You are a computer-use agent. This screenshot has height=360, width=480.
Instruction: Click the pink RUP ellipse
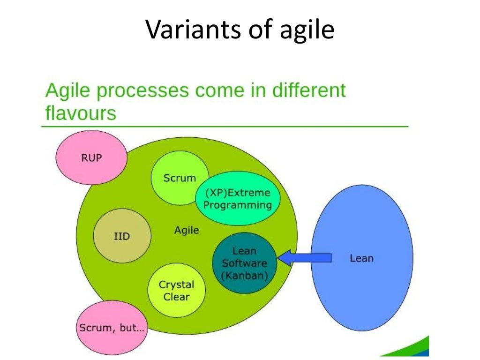pos(91,157)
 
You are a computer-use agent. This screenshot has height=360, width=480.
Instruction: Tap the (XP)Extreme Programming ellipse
pos(238,199)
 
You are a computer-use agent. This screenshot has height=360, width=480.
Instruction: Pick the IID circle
pos(122,236)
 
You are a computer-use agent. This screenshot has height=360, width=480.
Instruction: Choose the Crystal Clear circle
pos(177,290)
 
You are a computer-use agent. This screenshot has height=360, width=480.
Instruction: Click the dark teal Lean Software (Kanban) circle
pos(244,263)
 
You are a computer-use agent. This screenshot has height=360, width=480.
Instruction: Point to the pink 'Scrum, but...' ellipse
pos(112,328)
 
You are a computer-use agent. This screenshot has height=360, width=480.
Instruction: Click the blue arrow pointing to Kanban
pos(305,257)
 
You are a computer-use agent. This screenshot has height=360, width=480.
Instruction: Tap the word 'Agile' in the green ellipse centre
pos(187,230)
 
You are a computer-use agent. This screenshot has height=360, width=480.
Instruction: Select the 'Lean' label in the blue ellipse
pos(361,258)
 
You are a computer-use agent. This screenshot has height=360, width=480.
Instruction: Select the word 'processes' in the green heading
pos(142,91)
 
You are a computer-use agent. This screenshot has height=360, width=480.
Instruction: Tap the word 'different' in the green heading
pos(309,90)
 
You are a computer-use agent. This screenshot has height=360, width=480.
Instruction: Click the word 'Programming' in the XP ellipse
pos(238,205)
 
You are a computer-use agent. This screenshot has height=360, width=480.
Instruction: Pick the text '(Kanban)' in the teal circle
pos(244,276)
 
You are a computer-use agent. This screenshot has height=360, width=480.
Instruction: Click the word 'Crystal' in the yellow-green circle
pos(177,285)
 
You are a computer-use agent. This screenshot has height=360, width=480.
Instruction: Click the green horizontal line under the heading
pos(225,126)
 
